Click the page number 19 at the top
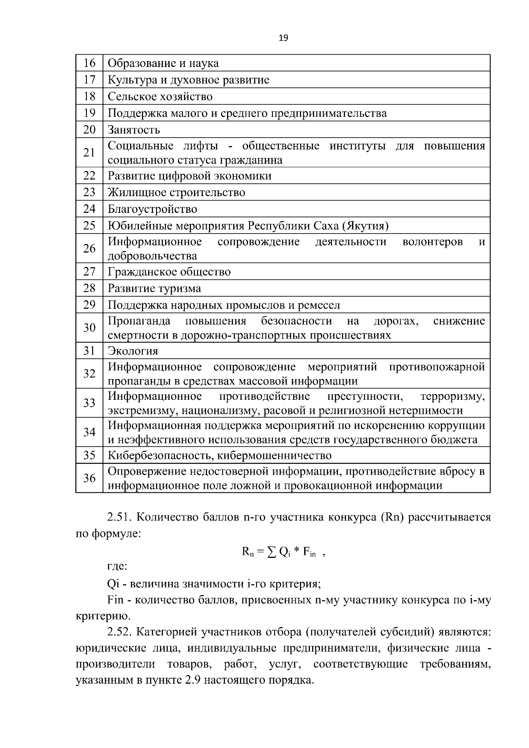[x=283, y=38]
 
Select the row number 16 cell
[x=89, y=63]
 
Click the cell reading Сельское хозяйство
[x=160, y=97]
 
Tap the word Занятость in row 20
[x=134, y=130]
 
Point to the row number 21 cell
[x=89, y=153]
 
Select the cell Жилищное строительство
[x=176, y=193]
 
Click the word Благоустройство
[x=153, y=209]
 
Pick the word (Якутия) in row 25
[x=365, y=226]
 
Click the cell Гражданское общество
[x=169, y=272]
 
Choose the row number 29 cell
[x=89, y=305]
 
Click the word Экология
[x=133, y=351]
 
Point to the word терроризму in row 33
[x=452, y=396]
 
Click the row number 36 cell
[x=89, y=478]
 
